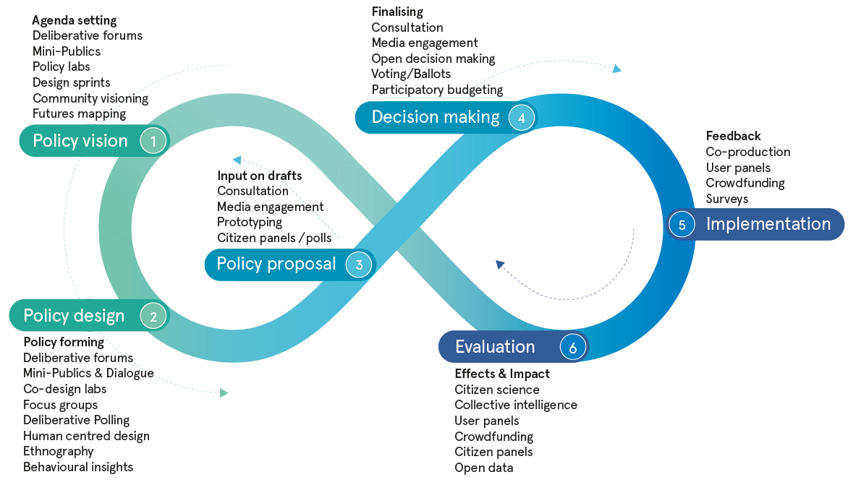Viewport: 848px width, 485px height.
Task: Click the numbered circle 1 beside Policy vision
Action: [153, 140]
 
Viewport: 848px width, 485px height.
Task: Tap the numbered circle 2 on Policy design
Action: [153, 316]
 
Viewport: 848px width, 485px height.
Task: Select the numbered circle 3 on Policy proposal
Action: [359, 265]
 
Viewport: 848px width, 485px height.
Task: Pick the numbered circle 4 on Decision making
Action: [521, 117]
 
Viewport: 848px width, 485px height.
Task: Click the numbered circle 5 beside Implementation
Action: [682, 224]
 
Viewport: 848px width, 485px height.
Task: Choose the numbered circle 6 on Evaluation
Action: [572, 347]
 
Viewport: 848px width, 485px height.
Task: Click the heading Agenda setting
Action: [74, 20]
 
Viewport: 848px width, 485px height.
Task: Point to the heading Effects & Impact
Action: [502, 374]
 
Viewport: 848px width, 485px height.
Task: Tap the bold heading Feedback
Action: [733, 136]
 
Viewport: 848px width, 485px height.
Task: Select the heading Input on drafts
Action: [259, 176]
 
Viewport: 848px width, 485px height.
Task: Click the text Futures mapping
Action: [79, 113]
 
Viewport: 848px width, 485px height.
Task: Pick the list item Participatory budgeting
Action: [437, 90]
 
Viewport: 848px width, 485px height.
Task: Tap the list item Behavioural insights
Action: [78, 467]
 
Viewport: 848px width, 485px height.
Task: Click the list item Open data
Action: [483, 468]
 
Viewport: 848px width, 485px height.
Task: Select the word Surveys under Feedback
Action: [726, 199]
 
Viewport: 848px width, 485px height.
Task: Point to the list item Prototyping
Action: [249, 223]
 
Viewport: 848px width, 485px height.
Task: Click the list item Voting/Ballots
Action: [410, 74]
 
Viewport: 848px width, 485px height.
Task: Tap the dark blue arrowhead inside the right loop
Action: [499, 265]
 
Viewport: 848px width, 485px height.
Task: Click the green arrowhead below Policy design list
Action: [224, 392]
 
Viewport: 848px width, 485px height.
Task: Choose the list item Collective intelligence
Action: [515, 405]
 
